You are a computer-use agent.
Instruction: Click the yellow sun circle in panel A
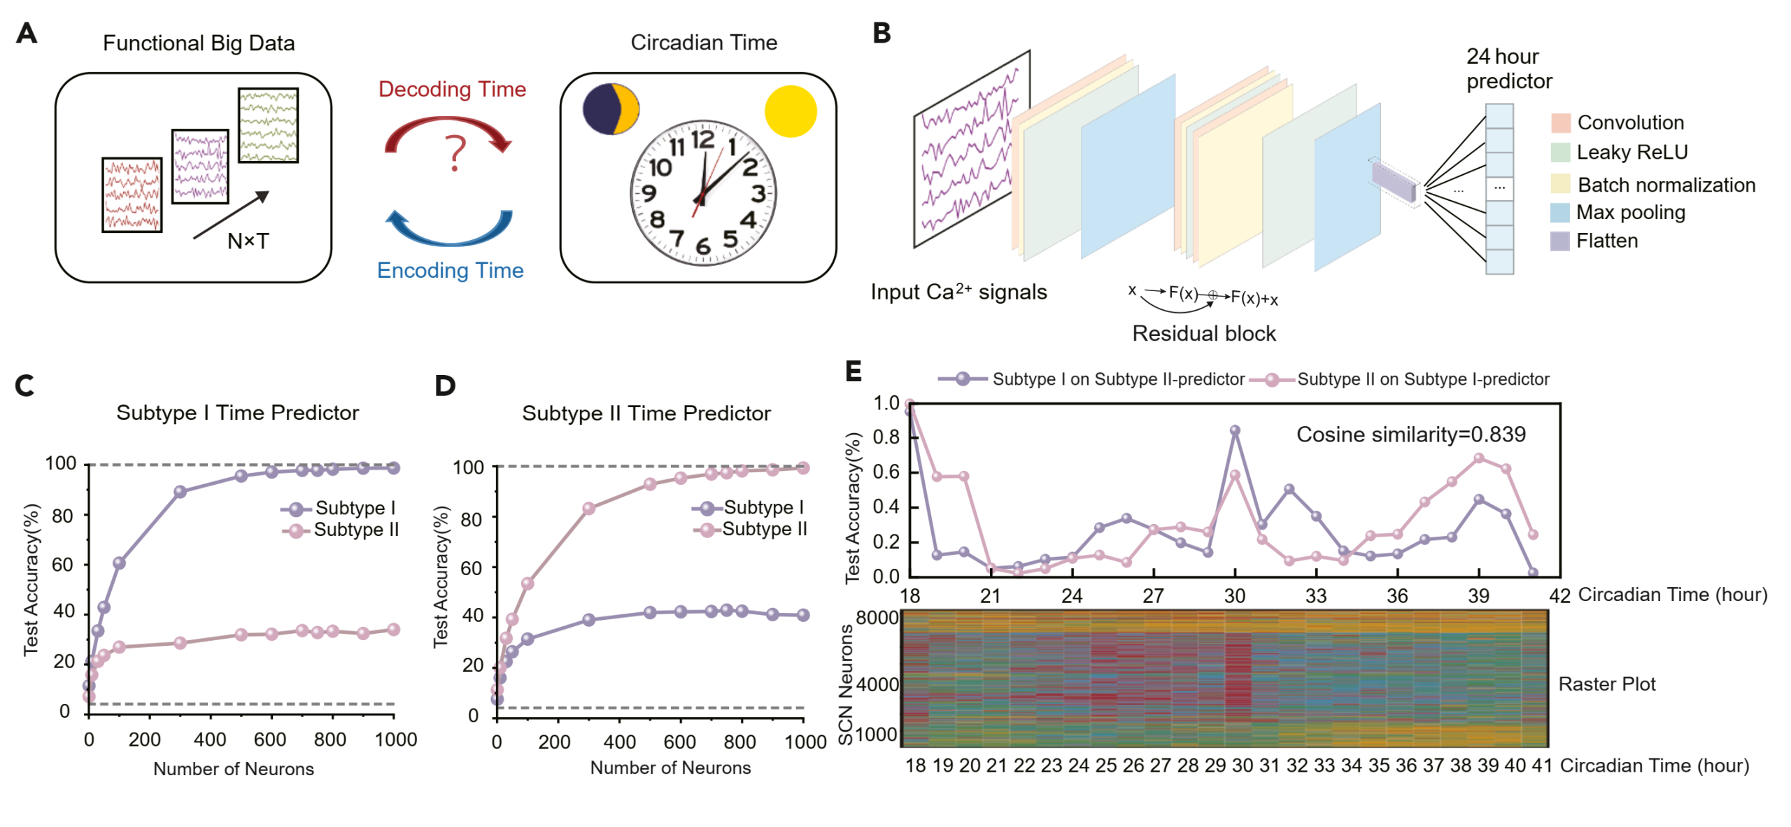[x=790, y=111]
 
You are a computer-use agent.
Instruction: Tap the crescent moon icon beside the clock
[x=611, y=109]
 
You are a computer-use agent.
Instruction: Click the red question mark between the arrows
[x=455, y=153]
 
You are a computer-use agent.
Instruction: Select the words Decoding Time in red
[x=452, y=89]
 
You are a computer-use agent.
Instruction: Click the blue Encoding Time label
[x=450, y=270]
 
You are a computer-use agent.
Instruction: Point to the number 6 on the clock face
[x=702, y=246]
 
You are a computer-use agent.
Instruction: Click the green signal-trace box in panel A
[x=268, y=125]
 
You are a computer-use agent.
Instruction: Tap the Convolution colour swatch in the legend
[x=1560, y=122]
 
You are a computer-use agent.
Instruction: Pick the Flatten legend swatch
[x=1559, y=241]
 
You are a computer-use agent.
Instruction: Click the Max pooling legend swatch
[x=1559, y=212]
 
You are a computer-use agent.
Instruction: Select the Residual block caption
[x=1203, y=333]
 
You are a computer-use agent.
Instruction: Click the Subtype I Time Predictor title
[x=237, y=413]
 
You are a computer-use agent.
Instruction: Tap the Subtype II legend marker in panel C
[x=296, y=530]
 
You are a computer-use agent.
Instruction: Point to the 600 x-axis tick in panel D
[x=679, y=742]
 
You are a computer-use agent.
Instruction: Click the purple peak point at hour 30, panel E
[x=1235, y=431]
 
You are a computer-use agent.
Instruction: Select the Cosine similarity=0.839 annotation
[x=1410, y=434]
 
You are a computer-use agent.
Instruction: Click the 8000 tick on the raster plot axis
[x=877, y=618]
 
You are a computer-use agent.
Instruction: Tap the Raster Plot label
[x=1606, y=684]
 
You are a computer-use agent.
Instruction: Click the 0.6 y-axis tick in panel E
[x=886, y=472]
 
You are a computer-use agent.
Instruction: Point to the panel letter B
[x=882, y=33]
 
